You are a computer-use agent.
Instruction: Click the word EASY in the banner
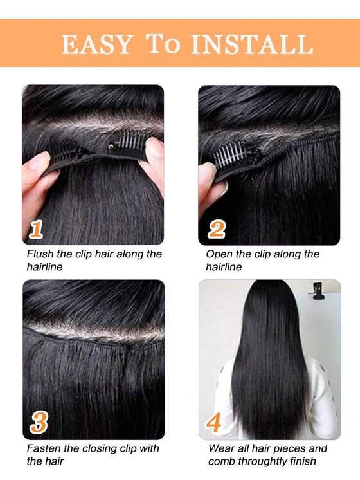(x=96, y=44)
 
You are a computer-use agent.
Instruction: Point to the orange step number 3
(x=39, y=423)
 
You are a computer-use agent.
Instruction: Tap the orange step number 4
(x=214, y=423)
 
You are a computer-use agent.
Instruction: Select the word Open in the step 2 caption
(x=219, y=254)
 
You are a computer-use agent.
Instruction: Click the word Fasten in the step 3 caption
(x=44, y=448)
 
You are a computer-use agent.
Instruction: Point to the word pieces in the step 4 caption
(x=289, y=448)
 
